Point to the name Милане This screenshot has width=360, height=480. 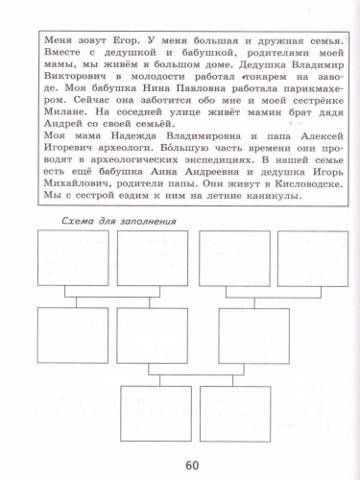pos(56,112)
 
